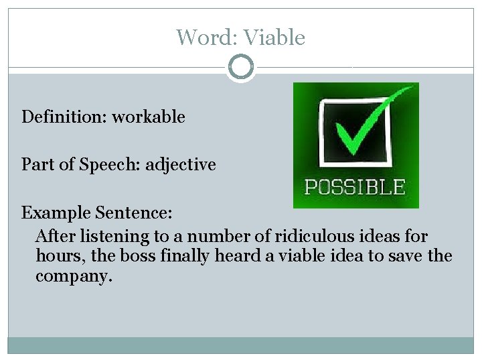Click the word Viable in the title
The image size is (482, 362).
[x=274, y=38]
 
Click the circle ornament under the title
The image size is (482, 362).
[x=241, y=68]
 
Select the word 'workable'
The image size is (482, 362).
[x=148, y=117]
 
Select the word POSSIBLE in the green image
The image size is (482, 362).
[x=355, y=187]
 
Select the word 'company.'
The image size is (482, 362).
[x=70, y=276]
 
